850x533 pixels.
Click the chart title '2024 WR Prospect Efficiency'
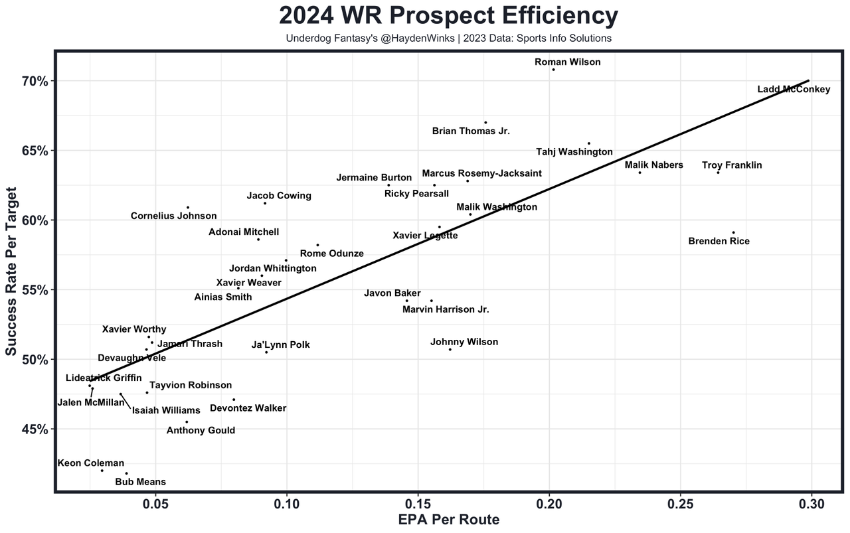448,15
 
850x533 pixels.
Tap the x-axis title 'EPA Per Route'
448,520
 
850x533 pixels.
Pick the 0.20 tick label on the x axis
549,504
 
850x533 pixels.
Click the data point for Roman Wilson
553,70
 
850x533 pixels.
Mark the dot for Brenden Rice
733,232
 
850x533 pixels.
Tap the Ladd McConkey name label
794,90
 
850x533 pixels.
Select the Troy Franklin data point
718,173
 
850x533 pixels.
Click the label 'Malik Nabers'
653,165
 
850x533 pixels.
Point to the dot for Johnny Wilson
450,349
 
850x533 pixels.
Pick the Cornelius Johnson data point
188,208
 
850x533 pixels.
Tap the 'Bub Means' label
141,482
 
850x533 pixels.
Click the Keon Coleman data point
102,471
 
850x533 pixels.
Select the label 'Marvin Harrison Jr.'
446,309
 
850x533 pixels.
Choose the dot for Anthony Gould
187,421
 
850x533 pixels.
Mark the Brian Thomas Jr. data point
485,122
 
